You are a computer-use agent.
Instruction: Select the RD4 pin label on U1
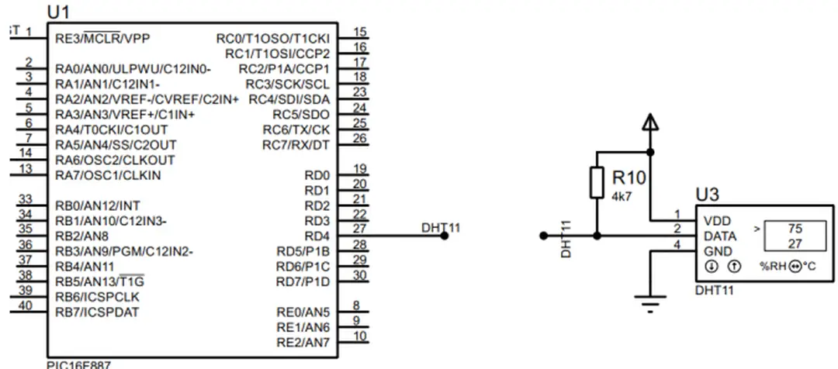(x=317, y=236)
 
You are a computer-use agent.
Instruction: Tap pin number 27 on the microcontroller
(x=359, y=229)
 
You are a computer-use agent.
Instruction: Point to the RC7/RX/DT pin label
(x=296, y=145)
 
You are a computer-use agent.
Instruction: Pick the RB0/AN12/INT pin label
(x=98, y=206)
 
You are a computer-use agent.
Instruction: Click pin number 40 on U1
(x=25, y=305)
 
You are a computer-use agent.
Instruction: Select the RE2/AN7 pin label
(x=303, y=342)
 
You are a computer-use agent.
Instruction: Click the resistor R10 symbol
(x=597, y=183)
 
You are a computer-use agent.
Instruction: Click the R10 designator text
(x=629, y=179)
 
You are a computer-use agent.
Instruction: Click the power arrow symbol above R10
(x=650, y=122)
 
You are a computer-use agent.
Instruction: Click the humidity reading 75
(x=794, y=229)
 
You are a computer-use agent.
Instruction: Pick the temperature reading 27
(x=794, y=243)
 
